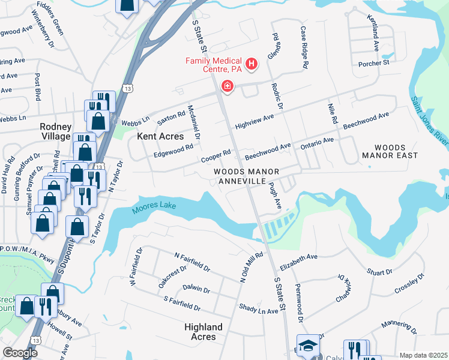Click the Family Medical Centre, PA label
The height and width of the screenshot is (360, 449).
point(213,65)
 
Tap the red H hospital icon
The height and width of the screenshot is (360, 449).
point(252,63)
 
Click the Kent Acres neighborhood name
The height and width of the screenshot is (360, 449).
point(160,136)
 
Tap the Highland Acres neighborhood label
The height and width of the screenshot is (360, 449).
point(203,332)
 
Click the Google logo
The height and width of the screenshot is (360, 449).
point(20,353)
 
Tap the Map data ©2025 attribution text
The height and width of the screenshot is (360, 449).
point(423,355)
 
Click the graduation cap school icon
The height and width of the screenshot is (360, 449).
point(308,345)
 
